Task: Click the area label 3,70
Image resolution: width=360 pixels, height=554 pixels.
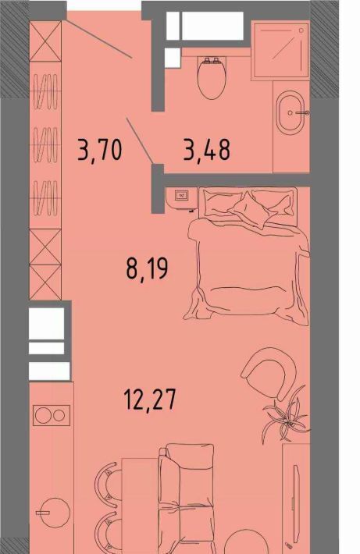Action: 101,151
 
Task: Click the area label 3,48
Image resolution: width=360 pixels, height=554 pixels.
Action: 207,150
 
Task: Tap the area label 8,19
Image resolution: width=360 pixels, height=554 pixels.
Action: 147,269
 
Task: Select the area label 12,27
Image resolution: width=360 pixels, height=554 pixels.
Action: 149,399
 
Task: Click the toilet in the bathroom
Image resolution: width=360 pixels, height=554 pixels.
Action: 212,77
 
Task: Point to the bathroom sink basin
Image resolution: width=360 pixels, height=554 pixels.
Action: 290,112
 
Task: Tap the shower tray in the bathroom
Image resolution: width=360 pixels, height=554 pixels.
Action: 280,49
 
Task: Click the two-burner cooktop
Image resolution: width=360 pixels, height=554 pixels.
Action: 52,415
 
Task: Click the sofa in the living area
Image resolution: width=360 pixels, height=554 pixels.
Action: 187,498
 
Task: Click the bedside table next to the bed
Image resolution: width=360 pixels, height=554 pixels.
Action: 181,198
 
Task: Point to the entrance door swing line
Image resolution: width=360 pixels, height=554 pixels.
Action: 99,39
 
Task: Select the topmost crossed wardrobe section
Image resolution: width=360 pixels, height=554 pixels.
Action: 45,41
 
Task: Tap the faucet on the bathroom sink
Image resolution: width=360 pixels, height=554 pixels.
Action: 303,113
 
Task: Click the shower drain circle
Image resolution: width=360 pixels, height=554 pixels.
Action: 301,30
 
